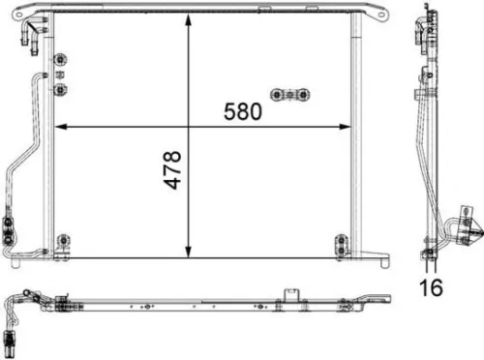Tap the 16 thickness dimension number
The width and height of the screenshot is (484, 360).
(430, 288)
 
